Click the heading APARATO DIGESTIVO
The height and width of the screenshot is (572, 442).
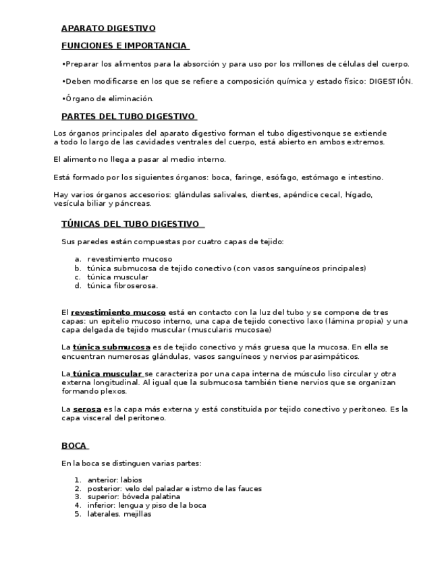(x=108, y=28)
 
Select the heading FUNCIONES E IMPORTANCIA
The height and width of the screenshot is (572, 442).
(x=124, y=46)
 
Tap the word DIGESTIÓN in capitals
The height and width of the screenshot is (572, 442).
(x=390, y=81)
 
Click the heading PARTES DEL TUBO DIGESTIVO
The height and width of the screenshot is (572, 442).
(x=128, y=116)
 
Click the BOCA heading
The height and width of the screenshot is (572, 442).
(x=74, y=445)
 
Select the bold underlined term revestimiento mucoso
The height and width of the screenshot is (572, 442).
(x=118, y=312)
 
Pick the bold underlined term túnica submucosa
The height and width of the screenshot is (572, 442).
(x=111, y=347)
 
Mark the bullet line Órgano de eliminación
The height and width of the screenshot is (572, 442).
(x=109, y=98)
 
